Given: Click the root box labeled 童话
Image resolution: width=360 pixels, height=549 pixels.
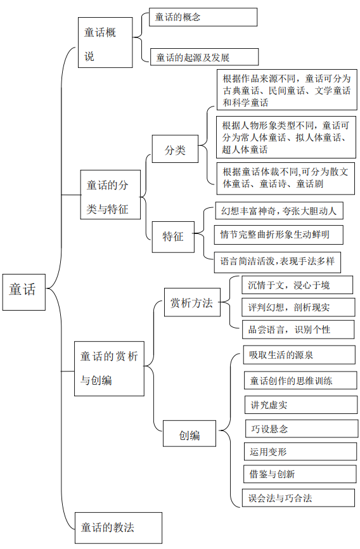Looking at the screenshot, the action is point(24,292).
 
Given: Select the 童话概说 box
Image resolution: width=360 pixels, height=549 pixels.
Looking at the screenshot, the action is point(105,42).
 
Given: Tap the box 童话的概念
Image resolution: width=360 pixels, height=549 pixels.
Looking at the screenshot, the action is point(203,17).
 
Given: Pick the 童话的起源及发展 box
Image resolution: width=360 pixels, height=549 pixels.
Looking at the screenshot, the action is point(205,57).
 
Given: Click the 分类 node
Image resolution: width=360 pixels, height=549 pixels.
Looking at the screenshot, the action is point(175,149).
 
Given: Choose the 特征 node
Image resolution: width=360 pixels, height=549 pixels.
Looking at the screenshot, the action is point(173,237).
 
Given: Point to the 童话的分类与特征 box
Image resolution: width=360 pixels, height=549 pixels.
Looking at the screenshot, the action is point(110,195).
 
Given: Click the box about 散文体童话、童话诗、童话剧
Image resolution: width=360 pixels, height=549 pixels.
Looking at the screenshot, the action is point(285,179).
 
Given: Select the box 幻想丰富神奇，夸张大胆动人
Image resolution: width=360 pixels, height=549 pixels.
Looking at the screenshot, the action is point(279,210).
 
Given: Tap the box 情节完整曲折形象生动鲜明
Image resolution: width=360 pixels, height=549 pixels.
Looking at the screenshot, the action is point(279,235).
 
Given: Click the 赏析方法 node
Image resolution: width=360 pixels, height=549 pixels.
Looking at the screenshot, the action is point(192,302).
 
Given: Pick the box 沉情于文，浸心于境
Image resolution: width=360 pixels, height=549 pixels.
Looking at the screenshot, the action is point(297,285).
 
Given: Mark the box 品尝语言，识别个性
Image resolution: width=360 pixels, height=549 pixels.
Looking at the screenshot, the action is point(299,330).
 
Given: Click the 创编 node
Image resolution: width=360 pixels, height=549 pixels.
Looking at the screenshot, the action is point(190,434).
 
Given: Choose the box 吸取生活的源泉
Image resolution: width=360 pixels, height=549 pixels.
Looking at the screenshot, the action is point(299,355).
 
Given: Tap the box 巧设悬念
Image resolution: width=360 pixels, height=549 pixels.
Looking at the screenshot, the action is point(302,429).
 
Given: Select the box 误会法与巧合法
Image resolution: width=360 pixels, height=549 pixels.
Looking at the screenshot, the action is point(299,498).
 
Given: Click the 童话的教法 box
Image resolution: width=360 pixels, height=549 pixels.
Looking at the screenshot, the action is point(119,528).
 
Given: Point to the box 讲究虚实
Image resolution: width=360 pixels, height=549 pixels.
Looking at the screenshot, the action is point(301,404).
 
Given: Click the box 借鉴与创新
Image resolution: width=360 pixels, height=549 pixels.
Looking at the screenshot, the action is point(300,474).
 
